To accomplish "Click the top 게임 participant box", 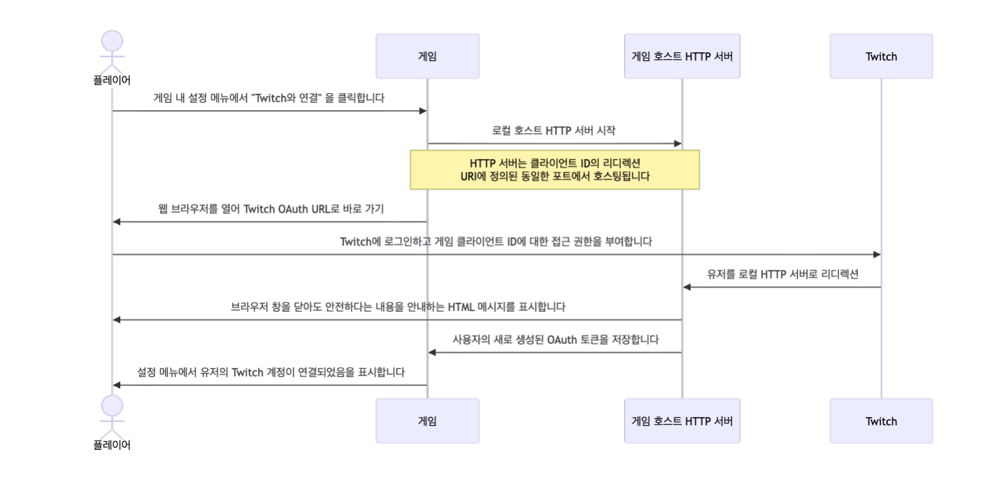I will tap(427, 56).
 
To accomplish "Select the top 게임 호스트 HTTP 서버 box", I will tap(682, 56).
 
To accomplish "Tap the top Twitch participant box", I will tap(881, 56).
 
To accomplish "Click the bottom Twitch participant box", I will tap(881, 421).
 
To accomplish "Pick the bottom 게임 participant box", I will tap(427, 421).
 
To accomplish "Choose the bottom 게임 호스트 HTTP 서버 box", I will tap(682, 421).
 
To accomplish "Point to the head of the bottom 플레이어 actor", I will tap(112, 406).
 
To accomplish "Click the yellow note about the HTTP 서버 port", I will tap(554, 170).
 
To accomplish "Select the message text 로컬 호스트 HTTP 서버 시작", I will tap(554, 130).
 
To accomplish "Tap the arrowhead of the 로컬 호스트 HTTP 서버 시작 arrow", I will tap(677, 143).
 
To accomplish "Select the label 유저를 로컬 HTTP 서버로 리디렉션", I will tap(782, 275).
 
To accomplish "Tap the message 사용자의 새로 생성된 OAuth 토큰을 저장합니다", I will tap(555, 339).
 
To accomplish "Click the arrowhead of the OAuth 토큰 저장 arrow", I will tap(432, 352).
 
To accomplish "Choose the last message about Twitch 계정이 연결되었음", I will tap(271, 372).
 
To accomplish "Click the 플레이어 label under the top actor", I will tap(112, 80).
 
